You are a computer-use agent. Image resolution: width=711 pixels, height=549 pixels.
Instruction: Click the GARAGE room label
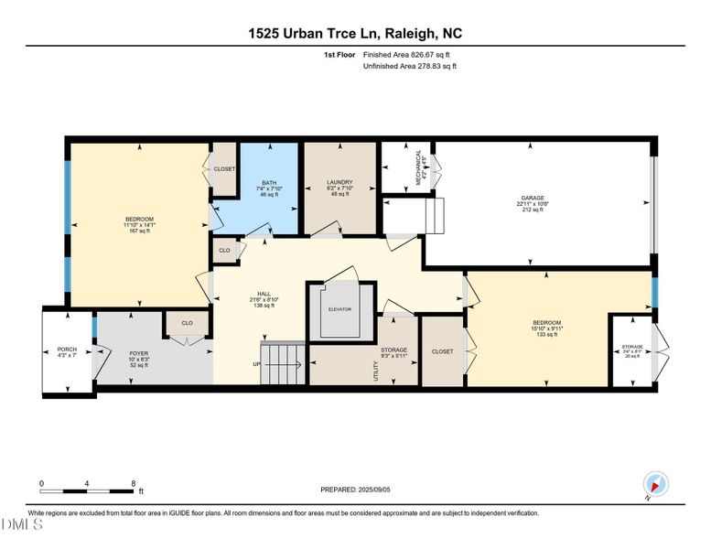(533, 198)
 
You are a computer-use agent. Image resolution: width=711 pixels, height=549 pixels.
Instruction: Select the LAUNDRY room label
(339, 182)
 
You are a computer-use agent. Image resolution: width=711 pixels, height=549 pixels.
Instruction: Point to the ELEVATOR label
(339, 309)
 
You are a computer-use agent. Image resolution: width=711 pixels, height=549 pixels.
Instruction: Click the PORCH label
(68, 349)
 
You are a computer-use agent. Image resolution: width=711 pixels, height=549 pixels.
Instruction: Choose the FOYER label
(138, 353)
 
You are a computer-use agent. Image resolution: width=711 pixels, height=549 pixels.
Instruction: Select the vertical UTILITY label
(375, 371)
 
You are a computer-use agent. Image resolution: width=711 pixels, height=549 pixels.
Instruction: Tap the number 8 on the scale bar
(134, 483)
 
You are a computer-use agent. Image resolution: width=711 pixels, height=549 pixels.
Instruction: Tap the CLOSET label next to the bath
(224, 169)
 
